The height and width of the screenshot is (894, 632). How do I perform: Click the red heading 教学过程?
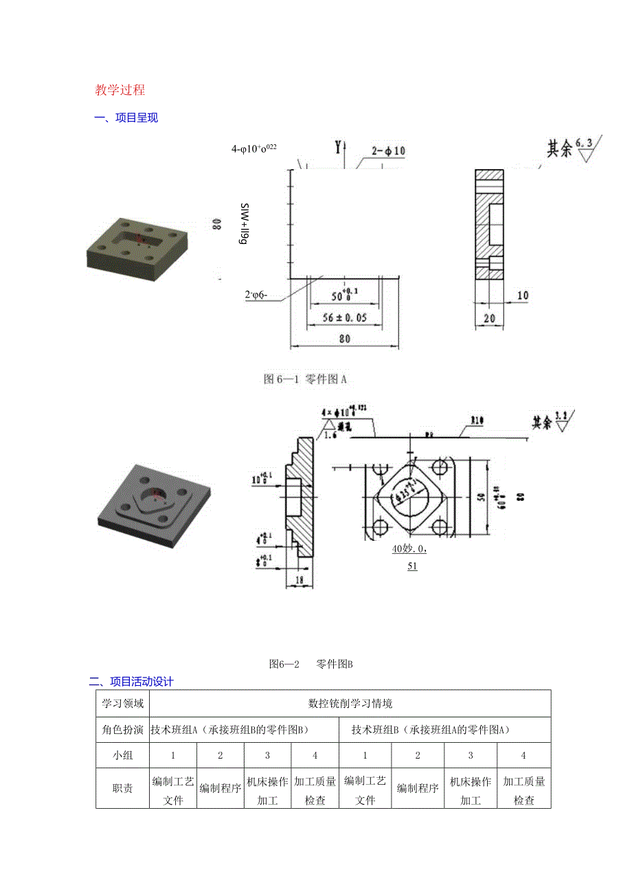pyautogui.click(x=120, y=90)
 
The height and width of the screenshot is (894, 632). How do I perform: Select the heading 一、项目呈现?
pyautogui.click(x=126, y=118)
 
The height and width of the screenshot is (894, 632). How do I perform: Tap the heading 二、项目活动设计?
pyautogui.click(x=131, y=682)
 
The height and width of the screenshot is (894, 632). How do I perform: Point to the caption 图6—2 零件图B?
pyautogui.click(x=311, y=664)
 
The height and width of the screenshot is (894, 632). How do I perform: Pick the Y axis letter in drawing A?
pyautogui.click(x=337, y=146)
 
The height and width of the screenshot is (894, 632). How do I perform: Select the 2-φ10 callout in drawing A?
pyautogui.click(x=389, y=150)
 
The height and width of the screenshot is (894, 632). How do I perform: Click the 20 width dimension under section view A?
pyautogui.click(x=488, y=317)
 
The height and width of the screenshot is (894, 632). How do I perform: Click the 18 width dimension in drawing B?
pyautogui.click(x=300, y=580)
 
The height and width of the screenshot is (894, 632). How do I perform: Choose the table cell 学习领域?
pyautogui.click(x=122, y=704)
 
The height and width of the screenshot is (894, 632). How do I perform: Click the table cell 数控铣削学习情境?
pyautogui.click(x=350, y=704)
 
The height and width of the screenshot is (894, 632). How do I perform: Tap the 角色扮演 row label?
pyautogui.click(x=122, y=730)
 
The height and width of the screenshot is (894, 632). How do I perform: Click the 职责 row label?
pyautogui.click(x=122, y=789)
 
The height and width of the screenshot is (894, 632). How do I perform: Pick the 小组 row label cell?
pyautogui.click(x=122, y=755)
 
